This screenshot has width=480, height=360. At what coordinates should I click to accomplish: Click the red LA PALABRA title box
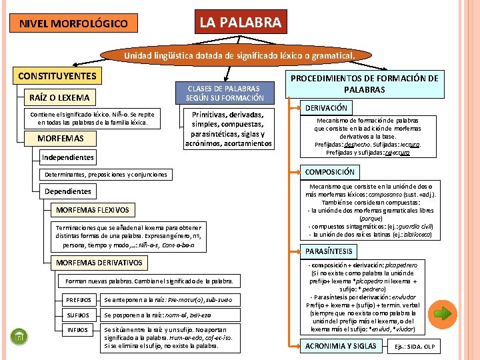click(241, 23)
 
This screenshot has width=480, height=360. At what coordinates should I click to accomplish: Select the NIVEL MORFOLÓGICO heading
click(73, 24)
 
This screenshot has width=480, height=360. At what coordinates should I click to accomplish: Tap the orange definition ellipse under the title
click(239, 55)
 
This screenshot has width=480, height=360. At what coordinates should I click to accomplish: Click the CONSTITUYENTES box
click(57, 76)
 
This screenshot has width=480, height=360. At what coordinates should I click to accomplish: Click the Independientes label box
click(68, 157)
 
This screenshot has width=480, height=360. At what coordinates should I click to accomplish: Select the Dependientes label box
click(68, 191)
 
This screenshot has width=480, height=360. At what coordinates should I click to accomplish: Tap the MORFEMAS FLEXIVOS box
click(93, 210)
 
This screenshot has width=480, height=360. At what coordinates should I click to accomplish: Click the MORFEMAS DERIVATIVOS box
click(99, 262)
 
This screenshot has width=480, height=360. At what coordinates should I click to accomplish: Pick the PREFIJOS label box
click(80, 299)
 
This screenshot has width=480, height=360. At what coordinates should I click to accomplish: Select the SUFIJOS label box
click(79, 315)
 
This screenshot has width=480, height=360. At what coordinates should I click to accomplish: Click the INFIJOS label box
click(79, 330)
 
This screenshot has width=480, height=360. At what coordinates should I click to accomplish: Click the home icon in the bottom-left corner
click(19, 337)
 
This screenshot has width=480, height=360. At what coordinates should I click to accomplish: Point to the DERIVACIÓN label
click(326, 107)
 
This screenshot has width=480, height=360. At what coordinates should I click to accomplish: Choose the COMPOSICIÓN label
click(329, 171)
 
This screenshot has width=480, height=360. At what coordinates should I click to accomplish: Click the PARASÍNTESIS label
click(329, 251)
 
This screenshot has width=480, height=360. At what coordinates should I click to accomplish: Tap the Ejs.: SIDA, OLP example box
click(414, 347)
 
